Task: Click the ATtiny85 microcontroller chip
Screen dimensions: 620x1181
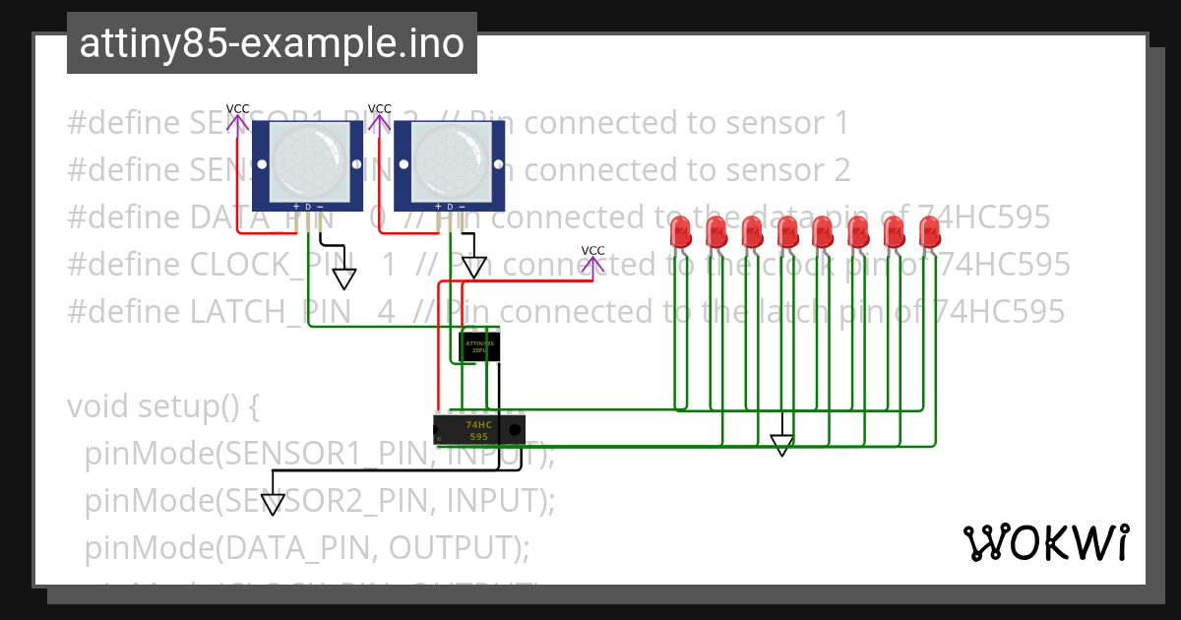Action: pyautogui.click(x=479, y=346)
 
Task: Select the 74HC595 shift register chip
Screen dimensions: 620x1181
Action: pyautogui.click(x=478, y=429)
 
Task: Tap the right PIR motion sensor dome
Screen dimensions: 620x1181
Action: pyautogui.click(x=450, y=160)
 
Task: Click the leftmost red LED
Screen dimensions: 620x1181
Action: pyautogui.click(x=680, y=232)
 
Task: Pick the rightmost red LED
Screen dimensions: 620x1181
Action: pyautogui.click(x=929, y=232)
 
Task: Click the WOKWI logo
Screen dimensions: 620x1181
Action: pyautogui.click(x=1045, y=542)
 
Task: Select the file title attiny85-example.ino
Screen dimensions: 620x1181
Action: pyautogui.click(x=272, y=43)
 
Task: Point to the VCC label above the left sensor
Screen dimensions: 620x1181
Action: pyautogui.click(x=238, y=108)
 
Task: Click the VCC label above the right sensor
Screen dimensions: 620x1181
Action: pyautogui.click(x=380, y=108)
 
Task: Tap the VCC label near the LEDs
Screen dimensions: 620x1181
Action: pyautogui.click(x=593, y=251)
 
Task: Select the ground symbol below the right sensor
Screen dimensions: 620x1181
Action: pyautogui.click(x=474, y=268)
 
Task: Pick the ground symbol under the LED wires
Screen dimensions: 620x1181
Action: pyautogui.click(x=781, y=446)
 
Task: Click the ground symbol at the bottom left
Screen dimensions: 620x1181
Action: pyautogui.click(x=273, y=505)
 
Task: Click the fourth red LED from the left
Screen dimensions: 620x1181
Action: pyautogui.click(x=787, y=232)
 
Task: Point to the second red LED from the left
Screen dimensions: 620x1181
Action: pyautogui.click(x=716, y=232)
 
